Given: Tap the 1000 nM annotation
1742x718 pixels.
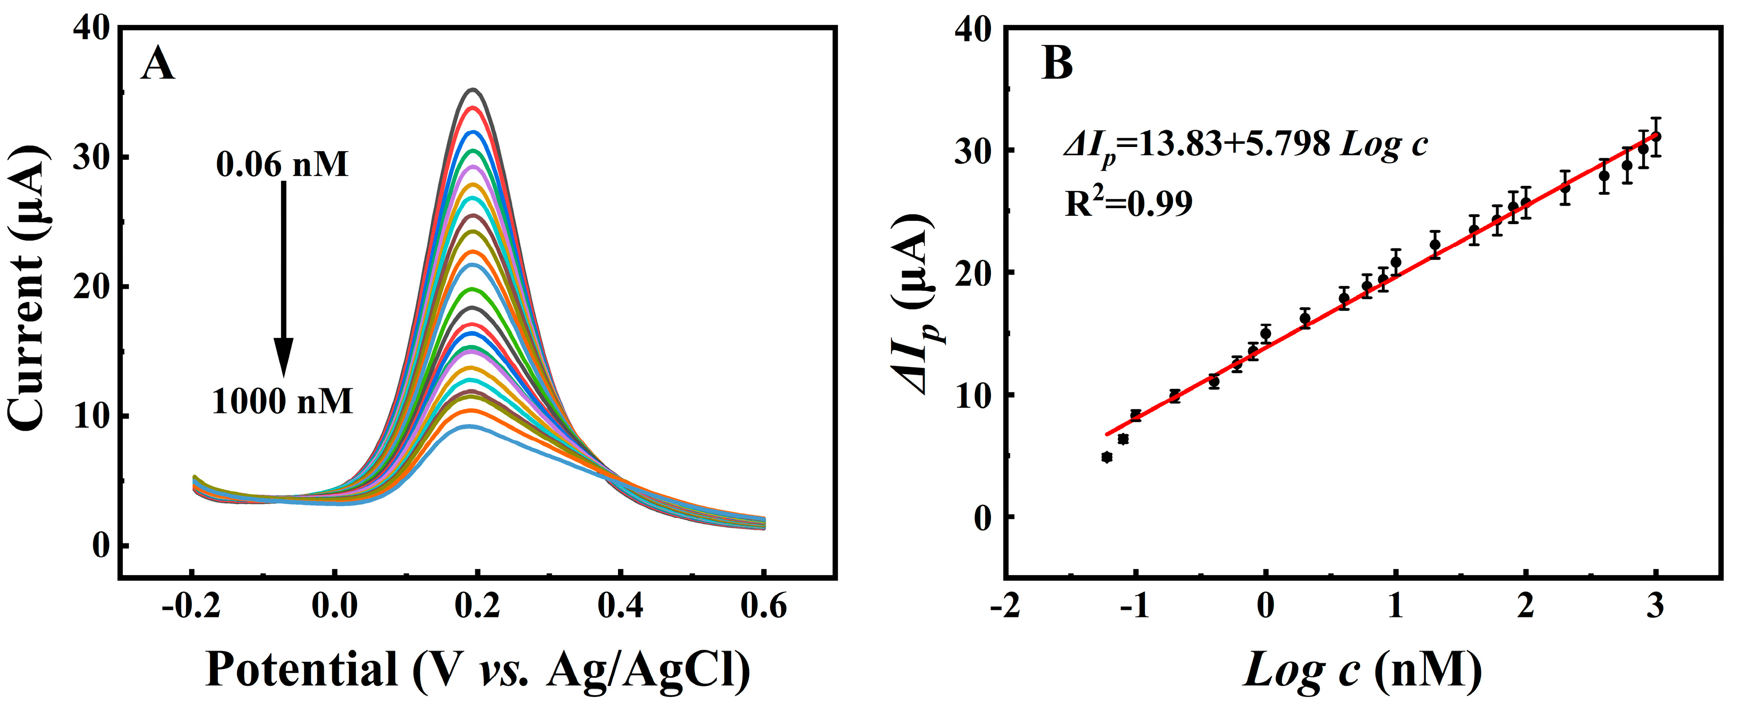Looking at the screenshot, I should click(x=283, y=402).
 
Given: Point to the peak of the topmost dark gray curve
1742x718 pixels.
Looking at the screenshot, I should click(x=473, y=89).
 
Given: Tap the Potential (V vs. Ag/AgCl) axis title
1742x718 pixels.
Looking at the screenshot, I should click(x=477, y=671).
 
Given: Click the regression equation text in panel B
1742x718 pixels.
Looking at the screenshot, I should click(x=1245, y=145).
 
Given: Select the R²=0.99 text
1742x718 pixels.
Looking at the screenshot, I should click(x=1129, y=203).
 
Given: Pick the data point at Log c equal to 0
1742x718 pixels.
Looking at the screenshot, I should click(x=1266, y=334).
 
